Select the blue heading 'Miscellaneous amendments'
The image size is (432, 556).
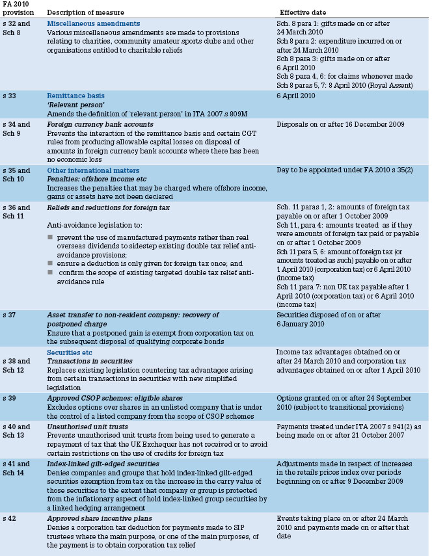[x=93, y=24]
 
